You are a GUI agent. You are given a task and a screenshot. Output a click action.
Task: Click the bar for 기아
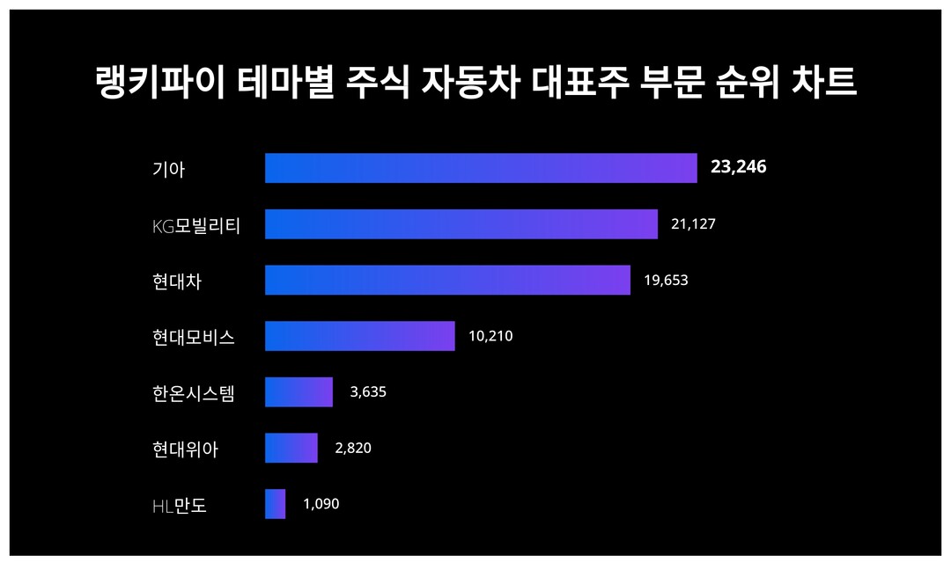[x=481, y=168]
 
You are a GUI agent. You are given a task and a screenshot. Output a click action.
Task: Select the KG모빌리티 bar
[x=461, y=224]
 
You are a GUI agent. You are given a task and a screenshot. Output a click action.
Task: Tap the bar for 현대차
[x=447, y=280]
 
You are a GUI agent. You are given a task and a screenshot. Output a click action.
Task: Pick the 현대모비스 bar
[x=360, y=336]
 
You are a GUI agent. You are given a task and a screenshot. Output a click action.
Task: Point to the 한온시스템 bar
[x=299, y=392]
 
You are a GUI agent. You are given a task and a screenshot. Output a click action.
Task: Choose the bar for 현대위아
[x=291, y=448]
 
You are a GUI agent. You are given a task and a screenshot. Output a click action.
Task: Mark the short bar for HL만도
[x=276, y=504]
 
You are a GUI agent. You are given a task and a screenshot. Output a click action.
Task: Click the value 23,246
[x=738, y=167]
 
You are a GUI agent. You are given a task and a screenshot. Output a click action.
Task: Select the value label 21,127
[x=693, y=224]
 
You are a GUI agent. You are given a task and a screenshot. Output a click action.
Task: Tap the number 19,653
[x=666, y=281]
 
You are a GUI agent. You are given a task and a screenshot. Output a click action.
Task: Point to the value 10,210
[x=490, y=336]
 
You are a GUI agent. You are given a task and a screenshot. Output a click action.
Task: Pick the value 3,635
[x=368, y=392]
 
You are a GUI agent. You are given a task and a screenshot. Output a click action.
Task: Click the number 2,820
[x=353, y=448]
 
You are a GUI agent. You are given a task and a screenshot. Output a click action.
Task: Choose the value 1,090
[x=321, y=504]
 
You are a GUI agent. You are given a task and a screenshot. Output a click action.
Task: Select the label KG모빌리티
[x=196, y=225]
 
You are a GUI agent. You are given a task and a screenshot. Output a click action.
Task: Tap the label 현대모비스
[x=194, y=337]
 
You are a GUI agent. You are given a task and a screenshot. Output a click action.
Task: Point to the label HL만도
[x=179, y=506]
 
